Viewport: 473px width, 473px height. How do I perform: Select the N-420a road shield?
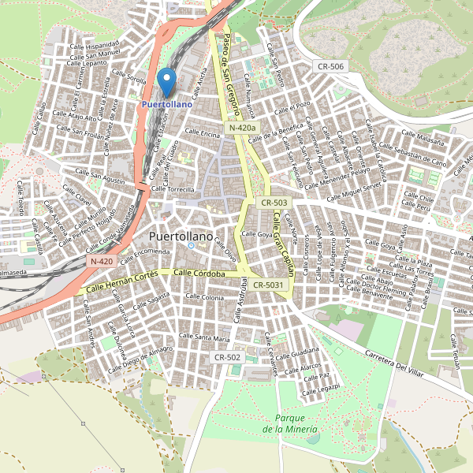click(x=241, y=128)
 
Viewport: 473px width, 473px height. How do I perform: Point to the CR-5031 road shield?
click(x=270, y=285)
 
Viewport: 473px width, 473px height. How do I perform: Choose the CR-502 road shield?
click(x=227, y=357)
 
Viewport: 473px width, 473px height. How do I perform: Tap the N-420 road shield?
click(x=102, y=261)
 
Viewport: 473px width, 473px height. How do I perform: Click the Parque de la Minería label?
click(x=290, y=423)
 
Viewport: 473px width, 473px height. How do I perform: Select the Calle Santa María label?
click(x=204, y=337)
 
